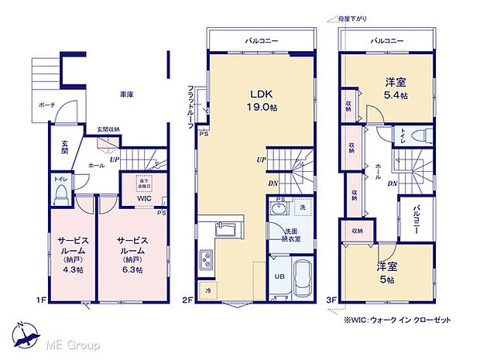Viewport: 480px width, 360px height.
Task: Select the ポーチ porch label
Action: (44, 106)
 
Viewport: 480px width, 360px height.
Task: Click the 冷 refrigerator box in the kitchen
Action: (207, 290)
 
